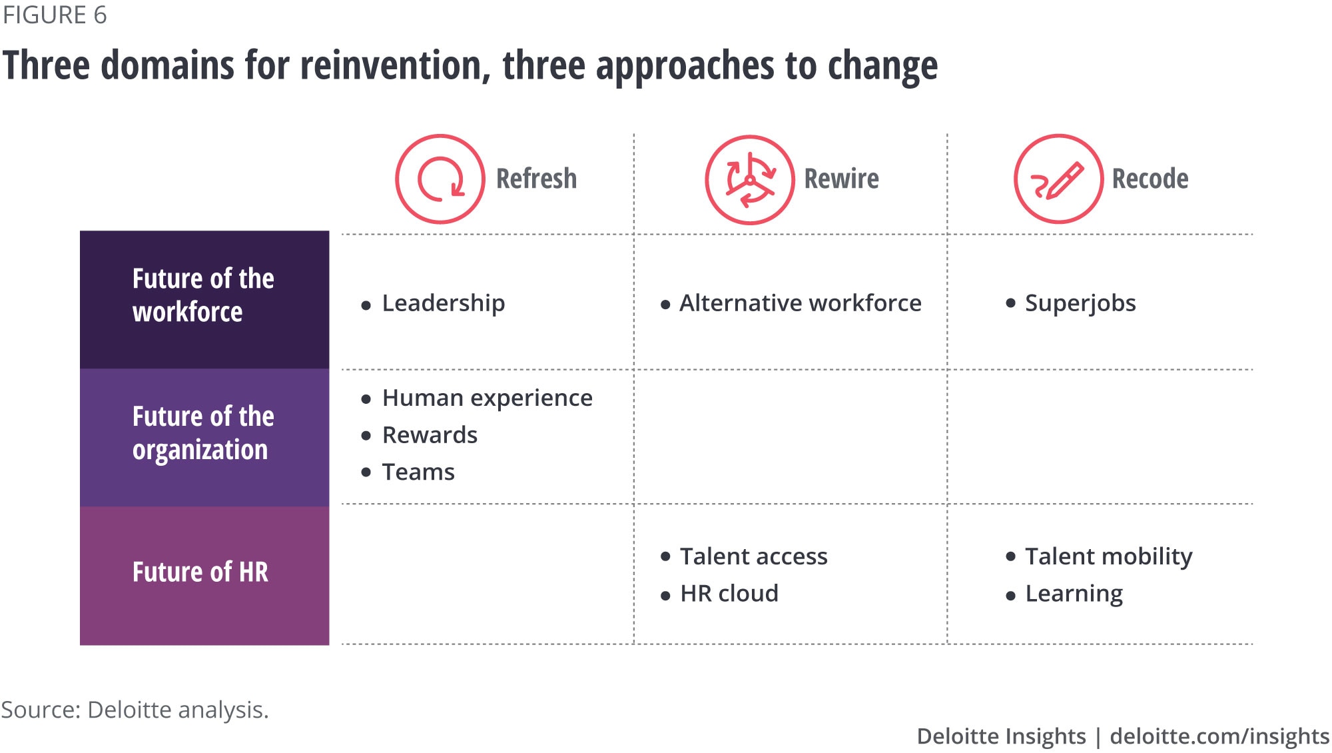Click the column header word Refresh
[x=536, y=179]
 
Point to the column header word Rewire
[x=841, y=179]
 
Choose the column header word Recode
[x=1150, y=179]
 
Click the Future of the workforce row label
[x=203, y=295]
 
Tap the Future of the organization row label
[x=203, y=433]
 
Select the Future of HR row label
[x=200, y=572]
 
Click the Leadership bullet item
[x=444, y=303]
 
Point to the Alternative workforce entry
[x=801, y=303]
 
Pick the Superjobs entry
[x=1080, y=303]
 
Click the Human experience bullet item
[x=488, y=398]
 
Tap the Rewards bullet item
[x=430, y=435]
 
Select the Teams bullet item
[x=418, y=472]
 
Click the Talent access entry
[x=754, y=556]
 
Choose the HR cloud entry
[x=729, y=593]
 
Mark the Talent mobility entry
[x=1109, y=557]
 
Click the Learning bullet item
[x=1074, y=594]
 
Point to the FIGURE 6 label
[x=55, y=15]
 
